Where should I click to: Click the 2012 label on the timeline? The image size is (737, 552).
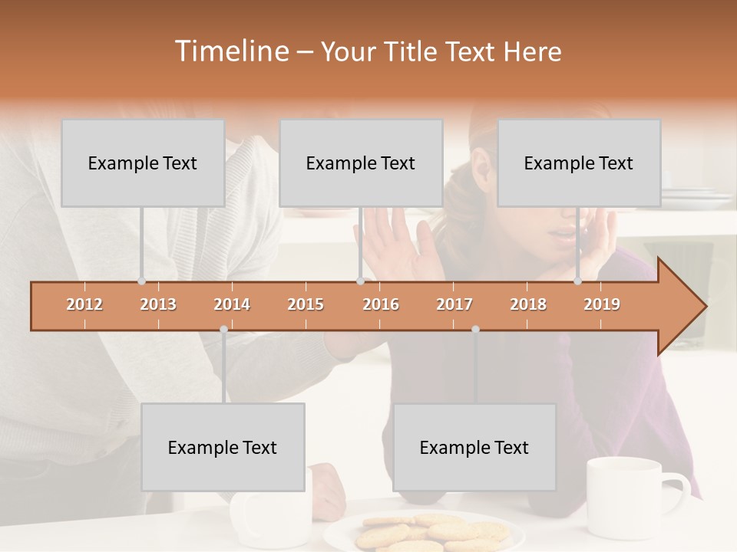pyautogui.click(x=84, y=304)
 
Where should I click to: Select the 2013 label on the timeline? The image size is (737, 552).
pyautogui.click(x=158, y=304)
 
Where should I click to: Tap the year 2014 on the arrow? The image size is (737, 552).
pyautogui.click(x=232, y=304)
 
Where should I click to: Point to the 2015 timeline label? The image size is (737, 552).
pyautogui.click(x=306, y=304)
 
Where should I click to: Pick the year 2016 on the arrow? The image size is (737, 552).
pyautogui.click(x=381, y=304)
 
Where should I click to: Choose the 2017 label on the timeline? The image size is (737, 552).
pyautogui.click(x=454, y=304)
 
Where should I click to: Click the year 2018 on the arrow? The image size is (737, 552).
pyautogui.click(x=528, y=304)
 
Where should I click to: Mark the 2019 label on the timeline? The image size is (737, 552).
pyautogui.click(x=602, y=304)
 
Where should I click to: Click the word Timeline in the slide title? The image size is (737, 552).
pyautogui.click(x=230, y=51)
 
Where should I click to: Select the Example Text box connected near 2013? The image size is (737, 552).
pyautogui.click(x=143, y=163)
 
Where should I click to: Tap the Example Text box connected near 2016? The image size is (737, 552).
pyautogui.click(x=361, y=163)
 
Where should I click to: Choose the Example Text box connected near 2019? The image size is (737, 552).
pyautogui.click(x=579, y=163)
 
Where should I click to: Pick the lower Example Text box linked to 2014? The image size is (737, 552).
pyautogui.click(x=223, y=447)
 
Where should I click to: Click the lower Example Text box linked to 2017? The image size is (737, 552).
pyautogui.click(x=474, y=447)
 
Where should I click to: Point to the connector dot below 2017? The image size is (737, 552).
pyautogui.click(x=475, y=330)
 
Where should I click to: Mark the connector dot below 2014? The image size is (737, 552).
pyautogui.click(x=223, y=330)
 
